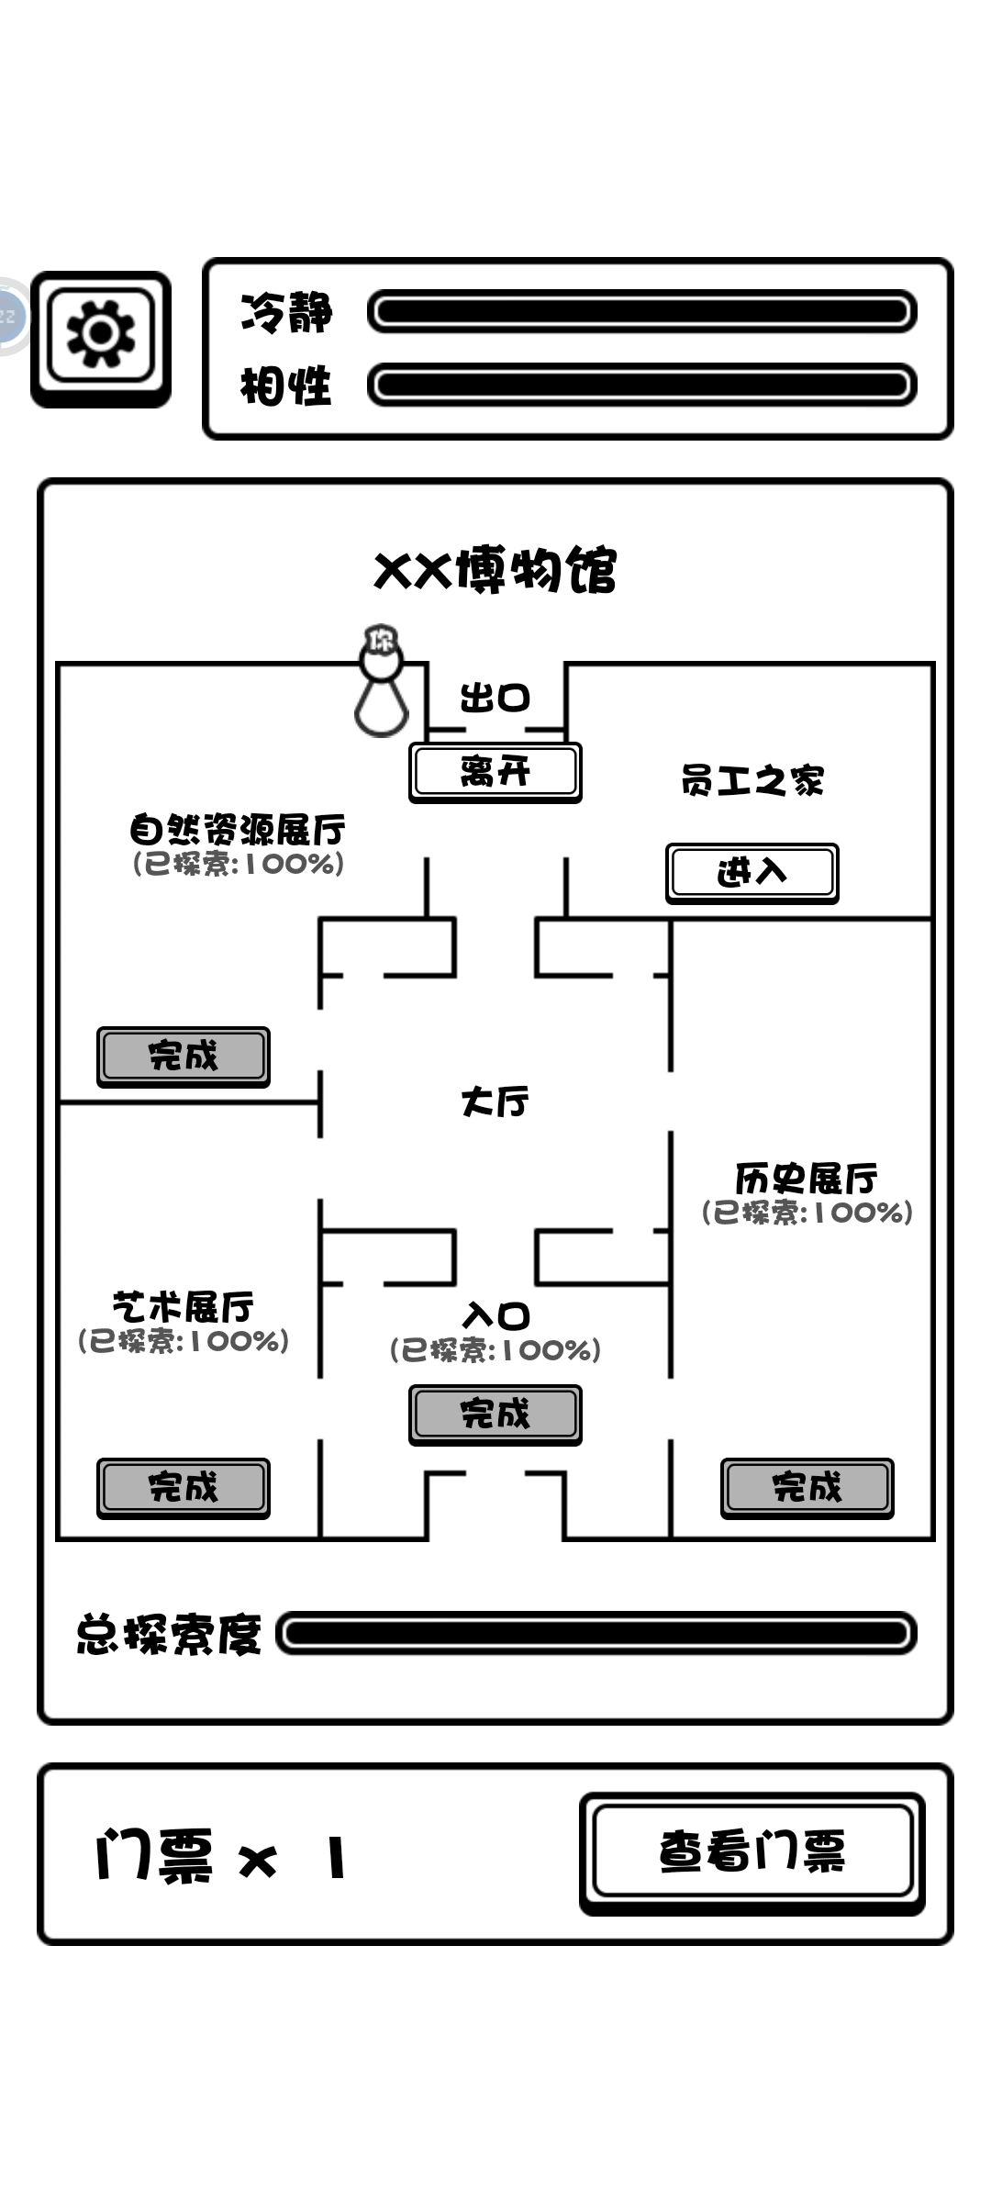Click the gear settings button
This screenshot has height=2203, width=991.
pyautogui.click(x=101, y=339)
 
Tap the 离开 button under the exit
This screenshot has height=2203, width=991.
pyautogui.click(x=495, y=773)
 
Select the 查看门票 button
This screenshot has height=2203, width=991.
pyautogui.click(x=752, y=1852)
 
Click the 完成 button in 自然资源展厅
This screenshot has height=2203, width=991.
pyautogui.click(x=184, y=1057)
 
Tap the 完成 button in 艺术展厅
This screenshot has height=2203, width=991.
pyautogui.click(x=184, y=1488)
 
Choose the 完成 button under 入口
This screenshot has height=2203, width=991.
pyautogui.click(x=495, y=1415)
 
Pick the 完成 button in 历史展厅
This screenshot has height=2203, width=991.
pyautogui.click(x=807, y=1488)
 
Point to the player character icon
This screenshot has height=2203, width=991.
pyautogui.click(x=381, y=681)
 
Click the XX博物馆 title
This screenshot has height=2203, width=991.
pyautogui.click(x=495, y=570)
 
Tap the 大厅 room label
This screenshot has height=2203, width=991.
pyautogui.click(x=495, y=1101)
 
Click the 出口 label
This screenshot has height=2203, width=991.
pyautogui.click(x=495, y=699)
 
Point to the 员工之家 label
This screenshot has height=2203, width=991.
pyautogui.click(x=752, y=781)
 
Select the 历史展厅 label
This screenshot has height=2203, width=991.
pyautogui.click(x=807, y=1178)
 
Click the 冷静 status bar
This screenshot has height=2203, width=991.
pyautogui.click(x=642, y=312)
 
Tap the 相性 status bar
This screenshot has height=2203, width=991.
pyautogui.click(x=642, y=385)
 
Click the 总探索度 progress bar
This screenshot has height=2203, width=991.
pyautogui.click(x=596, y=1633)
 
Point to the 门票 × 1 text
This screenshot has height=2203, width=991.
pyautogui.click(x=221, y=1854)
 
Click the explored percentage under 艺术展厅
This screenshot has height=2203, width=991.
pyautogui.click(x=184, y=1341)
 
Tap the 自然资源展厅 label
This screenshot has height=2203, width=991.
pyautogui.click(x=238, y=830)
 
